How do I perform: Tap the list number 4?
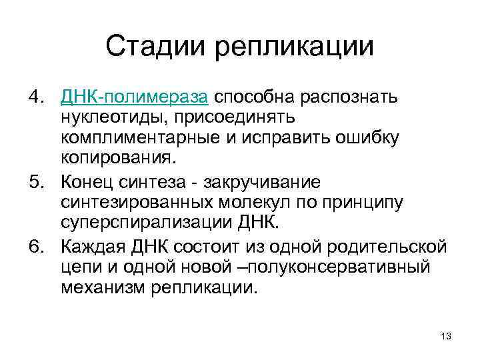click(x=37, y=99)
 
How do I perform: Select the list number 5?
click(x=37, y=181)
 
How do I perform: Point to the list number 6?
click(x=37, y=248)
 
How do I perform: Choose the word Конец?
click(x=84, y=181)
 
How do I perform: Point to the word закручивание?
click(x=271, y=181)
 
